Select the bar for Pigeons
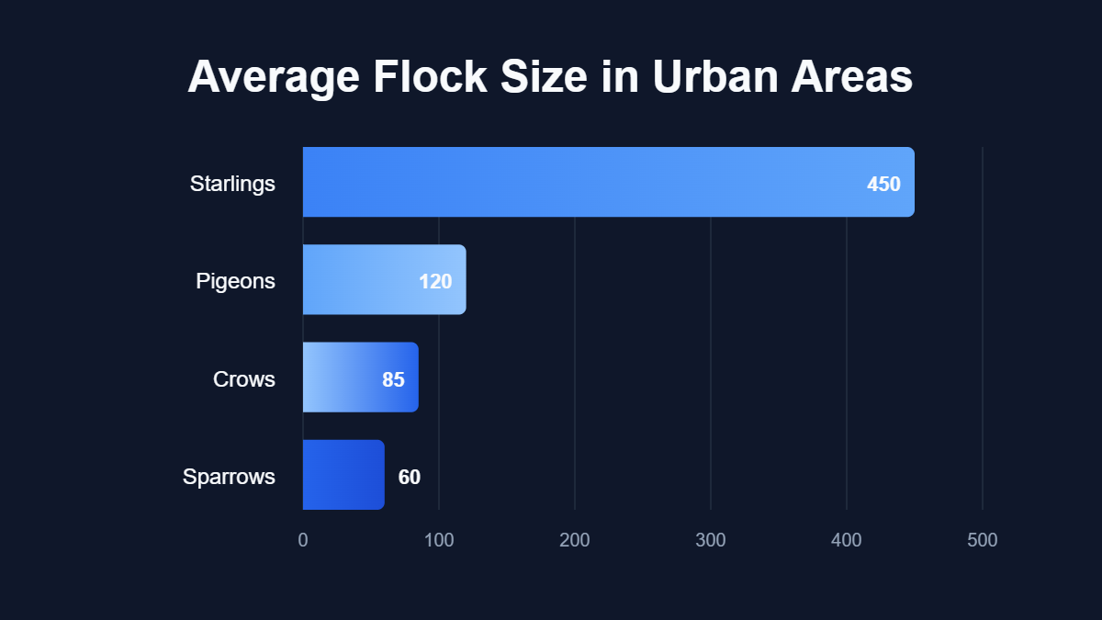tap(384, 279)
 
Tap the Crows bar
tap(360, 378)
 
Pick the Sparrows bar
tap(343, 475)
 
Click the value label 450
tap(883, 184)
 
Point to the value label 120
tap(435, 281)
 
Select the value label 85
tap(393, 379)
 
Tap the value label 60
tap(409, 477)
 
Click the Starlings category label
tap(232, 184)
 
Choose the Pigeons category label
tap(235, 281)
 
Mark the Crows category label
tap(243, 379)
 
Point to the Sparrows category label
tap(229, 477)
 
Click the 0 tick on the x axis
tap(303, 540)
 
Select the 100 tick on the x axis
tap(439, 540)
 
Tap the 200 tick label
tap(575, 540)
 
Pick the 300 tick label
tap(711, 540)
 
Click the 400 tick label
tap(847, 540)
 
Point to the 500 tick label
tap(983, 540)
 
